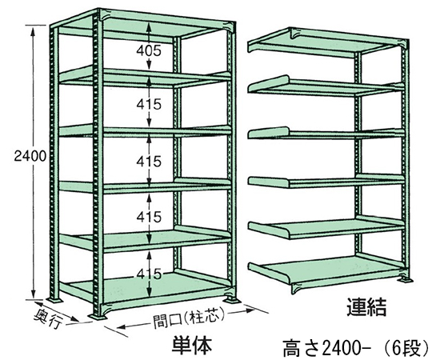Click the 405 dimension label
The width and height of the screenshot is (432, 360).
(x=149, y=50)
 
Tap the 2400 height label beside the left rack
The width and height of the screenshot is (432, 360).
(x=30, y=156)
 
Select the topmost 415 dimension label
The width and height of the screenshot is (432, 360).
(x=149, y=104)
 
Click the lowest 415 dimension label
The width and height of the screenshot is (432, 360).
(x=149, y=274)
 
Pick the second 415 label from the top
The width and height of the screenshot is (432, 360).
(x=149, y=161)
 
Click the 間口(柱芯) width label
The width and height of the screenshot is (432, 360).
(x=189, y=318)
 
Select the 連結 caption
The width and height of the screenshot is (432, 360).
(x=366, y=306)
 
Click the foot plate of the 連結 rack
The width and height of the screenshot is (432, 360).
(x=405, y=280)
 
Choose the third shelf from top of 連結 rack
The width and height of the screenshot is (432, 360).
(x=326, y=133)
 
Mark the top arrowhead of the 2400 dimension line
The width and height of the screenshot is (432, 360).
(x=34, y=30)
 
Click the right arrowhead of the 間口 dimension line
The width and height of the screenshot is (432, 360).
(x=249, y=311)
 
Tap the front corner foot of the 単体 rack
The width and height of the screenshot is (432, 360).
(x=98, y=316)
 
